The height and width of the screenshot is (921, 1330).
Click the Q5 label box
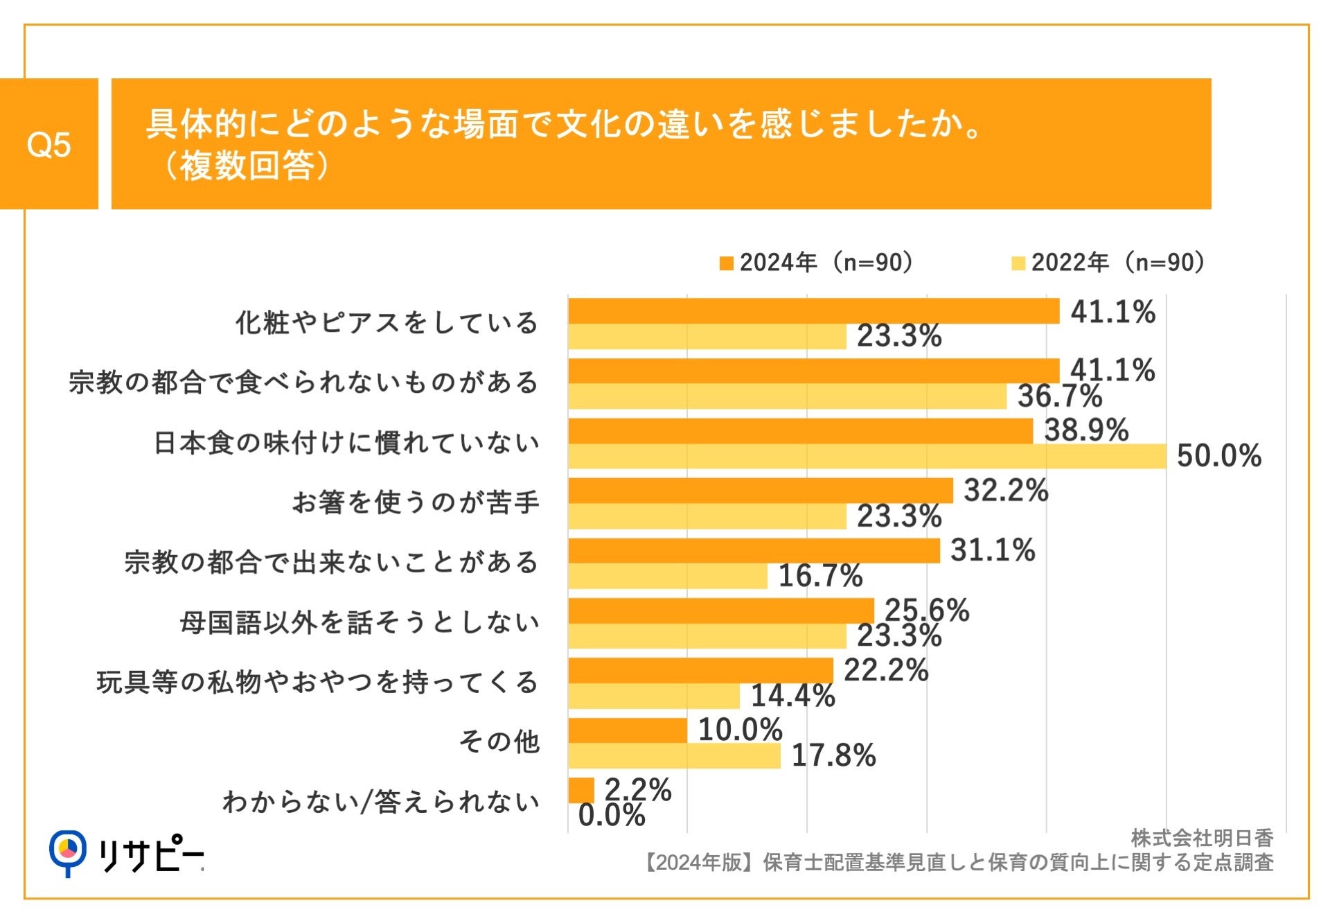coord(48,144)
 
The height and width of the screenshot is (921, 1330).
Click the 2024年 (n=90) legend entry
coord(817,263)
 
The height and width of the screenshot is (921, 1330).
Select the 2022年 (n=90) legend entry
coord(1109,263)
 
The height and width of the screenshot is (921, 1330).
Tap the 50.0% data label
coord(1218,456)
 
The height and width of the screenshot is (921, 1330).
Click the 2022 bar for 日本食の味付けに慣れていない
coord(866,457)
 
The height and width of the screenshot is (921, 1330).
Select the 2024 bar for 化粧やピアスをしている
coord(813,311)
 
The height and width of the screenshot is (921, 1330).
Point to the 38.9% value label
coord(1085,430)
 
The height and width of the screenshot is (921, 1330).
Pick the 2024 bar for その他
coord(627,730)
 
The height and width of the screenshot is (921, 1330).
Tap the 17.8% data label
coord(833,755)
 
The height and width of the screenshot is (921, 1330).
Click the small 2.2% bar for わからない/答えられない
coord(580,790)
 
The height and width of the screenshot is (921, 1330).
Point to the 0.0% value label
coord(611,816)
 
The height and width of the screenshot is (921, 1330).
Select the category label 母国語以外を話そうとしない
coord(359,622)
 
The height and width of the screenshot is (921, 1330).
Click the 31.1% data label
coord(992,550)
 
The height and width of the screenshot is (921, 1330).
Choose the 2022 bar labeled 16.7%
coord(667,577)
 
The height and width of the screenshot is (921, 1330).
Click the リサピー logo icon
coord(68,852)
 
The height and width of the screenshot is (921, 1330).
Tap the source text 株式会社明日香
coord(1201,838)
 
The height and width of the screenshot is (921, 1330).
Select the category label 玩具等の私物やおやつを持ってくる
coord(317,682)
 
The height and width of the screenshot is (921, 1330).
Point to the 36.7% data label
coord(1059,396)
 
